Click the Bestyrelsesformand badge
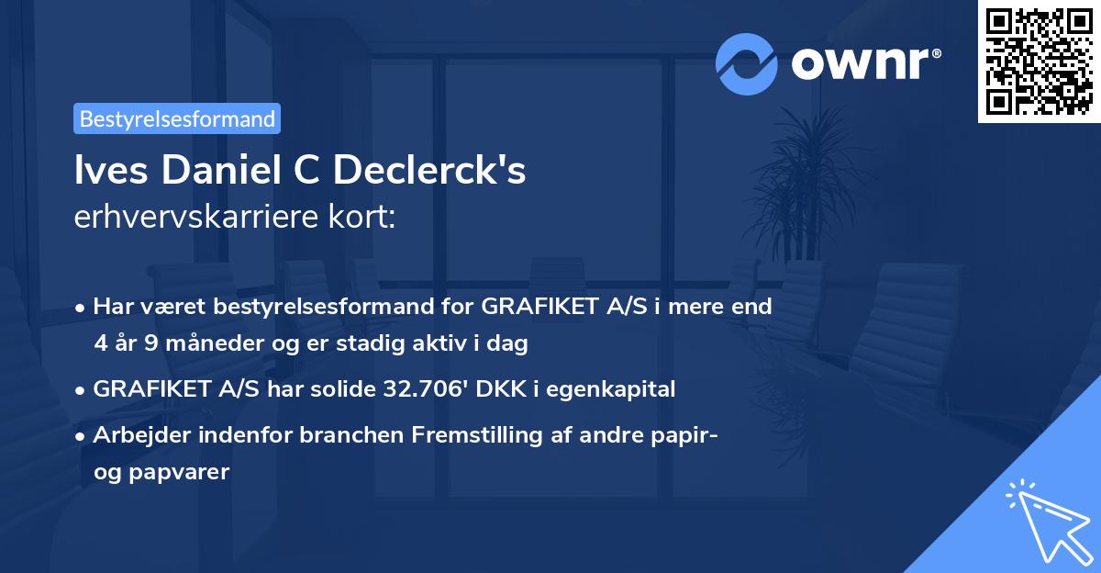(x=177, y=118)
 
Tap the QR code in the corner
(x=1039, y=61)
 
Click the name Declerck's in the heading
(x=430, y=172)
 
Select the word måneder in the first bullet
(x=196, y=343)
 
